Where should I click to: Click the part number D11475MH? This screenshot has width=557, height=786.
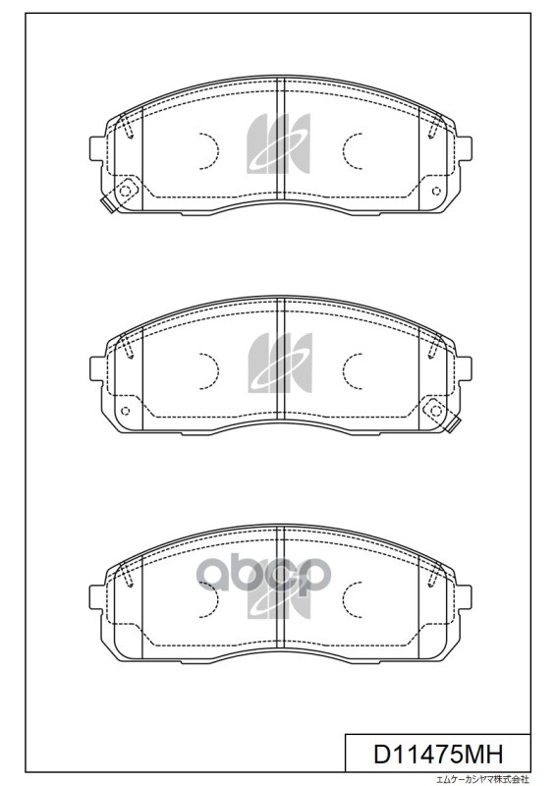click(438, 754)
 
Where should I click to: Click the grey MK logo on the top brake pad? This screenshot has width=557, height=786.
click(279, 143)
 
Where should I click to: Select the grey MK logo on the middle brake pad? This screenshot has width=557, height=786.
click(280, 363)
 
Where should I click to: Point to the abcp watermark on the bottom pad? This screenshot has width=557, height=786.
click(263, 576)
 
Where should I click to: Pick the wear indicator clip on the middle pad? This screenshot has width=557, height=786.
click(452, 424)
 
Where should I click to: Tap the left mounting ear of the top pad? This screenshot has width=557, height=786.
click(96, 149)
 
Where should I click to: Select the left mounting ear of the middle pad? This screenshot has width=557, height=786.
click(96, 369)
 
